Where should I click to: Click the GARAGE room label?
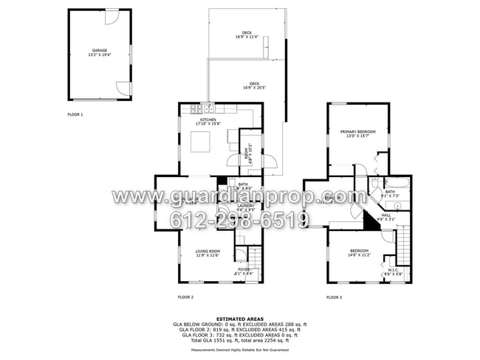point(100,50)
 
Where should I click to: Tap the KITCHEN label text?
point(208,119)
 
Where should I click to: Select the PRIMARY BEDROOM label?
point(357,131)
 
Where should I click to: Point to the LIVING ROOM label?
point(208,251)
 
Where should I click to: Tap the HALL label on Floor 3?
point(386,215)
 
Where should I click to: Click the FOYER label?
point(244,269)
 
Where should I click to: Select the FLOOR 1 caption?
point(75,114)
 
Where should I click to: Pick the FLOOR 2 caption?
point(185,297)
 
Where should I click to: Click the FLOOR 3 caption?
point(334,297)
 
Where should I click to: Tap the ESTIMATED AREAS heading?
point(240,319)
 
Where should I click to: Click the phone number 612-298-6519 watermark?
point(240,219)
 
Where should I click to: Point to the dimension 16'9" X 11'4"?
point(247,38)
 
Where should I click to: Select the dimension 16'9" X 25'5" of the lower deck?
point(254,88)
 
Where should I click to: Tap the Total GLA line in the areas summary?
point(240,340)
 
